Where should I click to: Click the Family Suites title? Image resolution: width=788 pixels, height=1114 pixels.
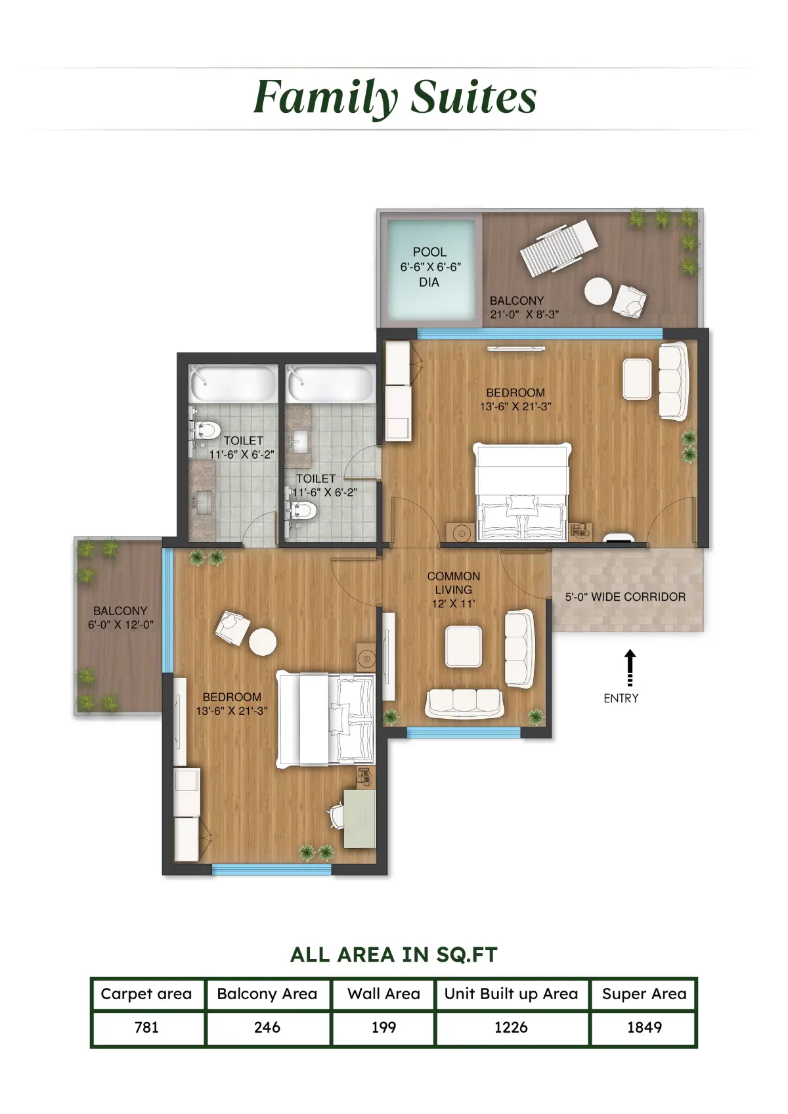(x=395, y=98)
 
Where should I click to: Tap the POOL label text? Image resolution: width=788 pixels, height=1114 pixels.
(x=429, y=252)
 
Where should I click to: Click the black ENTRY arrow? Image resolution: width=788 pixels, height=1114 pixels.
(x=630, y=668)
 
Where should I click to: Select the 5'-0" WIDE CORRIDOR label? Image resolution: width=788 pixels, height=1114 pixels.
(x=625, y=597)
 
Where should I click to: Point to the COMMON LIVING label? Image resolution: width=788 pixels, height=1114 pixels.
(x=453, y=583)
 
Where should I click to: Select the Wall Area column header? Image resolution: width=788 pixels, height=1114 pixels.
(x=383, y=994)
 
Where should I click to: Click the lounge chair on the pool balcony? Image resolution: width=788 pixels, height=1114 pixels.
(x=559, y=247)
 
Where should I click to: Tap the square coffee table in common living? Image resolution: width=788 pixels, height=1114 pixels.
(x=464, y=646)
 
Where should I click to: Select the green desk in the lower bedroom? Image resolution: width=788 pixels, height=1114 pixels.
(x=360, y=818)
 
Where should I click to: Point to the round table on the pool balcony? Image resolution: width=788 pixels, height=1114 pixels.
(x=598, y=291)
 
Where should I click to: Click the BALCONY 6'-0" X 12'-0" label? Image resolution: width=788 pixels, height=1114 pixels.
(x=120, y=617)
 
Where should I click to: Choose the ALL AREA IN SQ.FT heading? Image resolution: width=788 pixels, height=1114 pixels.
(x=394, y=954)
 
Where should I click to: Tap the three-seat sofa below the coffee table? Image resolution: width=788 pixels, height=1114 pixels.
(x=464, y=703)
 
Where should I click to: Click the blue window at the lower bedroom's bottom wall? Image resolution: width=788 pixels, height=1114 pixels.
(x=272, y=869)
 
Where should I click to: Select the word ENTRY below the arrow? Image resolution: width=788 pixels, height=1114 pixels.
(x=621, y=698)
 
